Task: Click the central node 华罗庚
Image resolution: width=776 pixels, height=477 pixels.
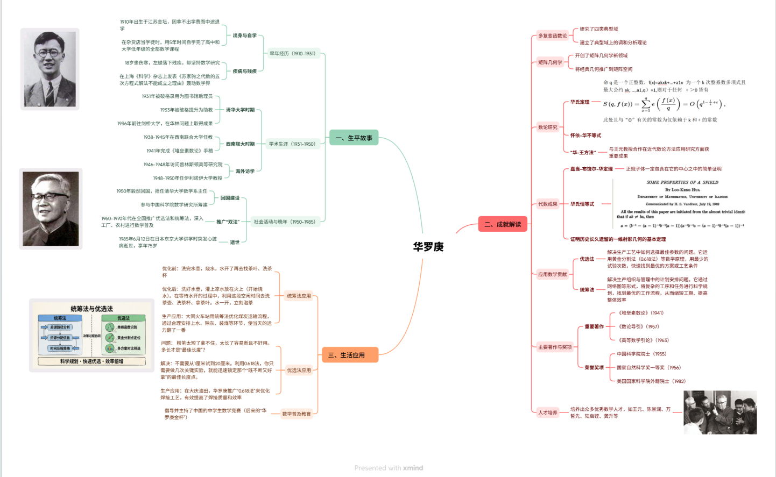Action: click(x=428, y=247)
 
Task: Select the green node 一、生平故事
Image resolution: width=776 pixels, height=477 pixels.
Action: click(x=354, y=138)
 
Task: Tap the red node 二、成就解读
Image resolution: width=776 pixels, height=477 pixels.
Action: click(x=502, y=224)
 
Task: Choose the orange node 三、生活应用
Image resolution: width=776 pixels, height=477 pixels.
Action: click(x=350, y=355)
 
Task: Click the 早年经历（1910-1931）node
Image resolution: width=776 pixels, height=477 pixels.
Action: click(x=292, y=54)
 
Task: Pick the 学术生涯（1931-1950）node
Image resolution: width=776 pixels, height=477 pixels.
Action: click(x=292, y=144)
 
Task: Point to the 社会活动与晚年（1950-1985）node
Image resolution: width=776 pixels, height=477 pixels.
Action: click(x=285, y=222)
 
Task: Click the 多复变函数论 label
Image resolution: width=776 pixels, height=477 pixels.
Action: click(x=552, y=36)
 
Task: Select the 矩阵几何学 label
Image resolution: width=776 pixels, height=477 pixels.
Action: click(x=550, y=62)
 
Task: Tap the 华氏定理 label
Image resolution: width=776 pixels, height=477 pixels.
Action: click(x=580, y=102)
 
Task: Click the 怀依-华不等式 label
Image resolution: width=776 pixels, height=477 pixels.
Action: click(x=585, y=136)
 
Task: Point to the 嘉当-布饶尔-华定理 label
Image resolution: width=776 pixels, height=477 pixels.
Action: click(x=591, y=169)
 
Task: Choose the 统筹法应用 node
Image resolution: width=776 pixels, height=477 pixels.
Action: click(x=299, y=296)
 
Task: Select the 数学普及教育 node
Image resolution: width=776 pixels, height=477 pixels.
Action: click(x=297, y=414)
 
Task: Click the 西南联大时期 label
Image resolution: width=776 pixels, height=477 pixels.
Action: click(x=240, y=144)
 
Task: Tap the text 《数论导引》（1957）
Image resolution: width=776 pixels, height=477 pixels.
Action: click(x=638, y=326)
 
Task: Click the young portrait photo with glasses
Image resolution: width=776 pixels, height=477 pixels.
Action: click(x=50, y=69)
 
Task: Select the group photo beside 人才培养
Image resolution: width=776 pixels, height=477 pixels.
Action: click(x=720, y=412)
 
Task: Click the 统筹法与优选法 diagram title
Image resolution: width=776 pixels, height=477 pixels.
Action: click(x=91, y=309)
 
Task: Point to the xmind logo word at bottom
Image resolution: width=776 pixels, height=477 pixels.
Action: click(x=413, y=468)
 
